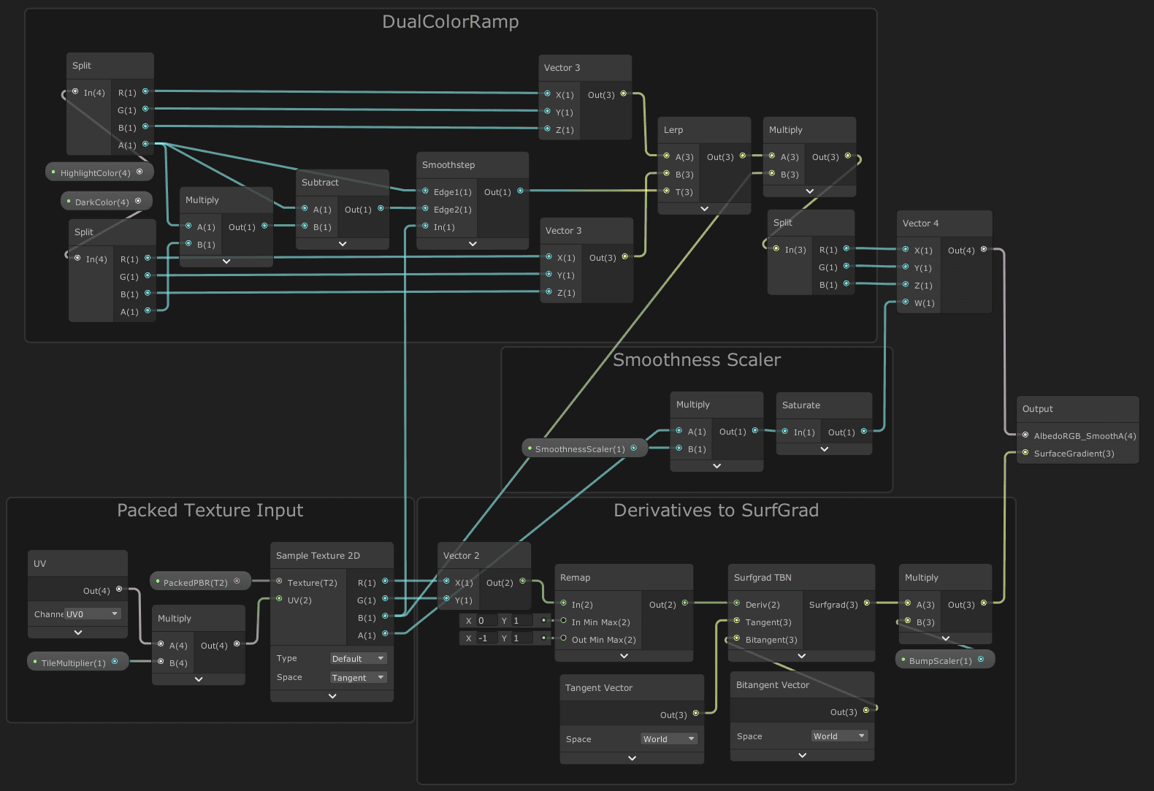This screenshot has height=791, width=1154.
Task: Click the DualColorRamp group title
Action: pyautogui.click(x=450, y=22)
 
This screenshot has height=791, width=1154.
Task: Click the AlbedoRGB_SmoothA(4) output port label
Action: pyautogui.click(x=1084, y=436)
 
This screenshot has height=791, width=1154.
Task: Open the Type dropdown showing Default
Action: pyautogui.click(x=358, y=659)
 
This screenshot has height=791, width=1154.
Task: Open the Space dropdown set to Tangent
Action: pyautogui.click(x=358, y=678)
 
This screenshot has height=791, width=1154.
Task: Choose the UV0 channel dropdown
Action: pyautogui.click(x=92, y=614)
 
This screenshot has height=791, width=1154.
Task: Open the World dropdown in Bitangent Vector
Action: pyautogui.click(x=838, y=736)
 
